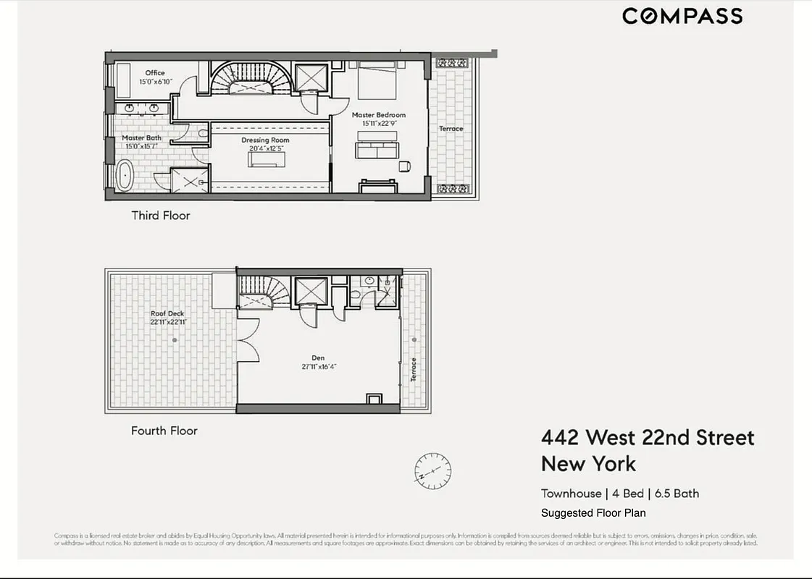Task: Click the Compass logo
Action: (x=682, y=17)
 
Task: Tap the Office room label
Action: (x=154, y=73)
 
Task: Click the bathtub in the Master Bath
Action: (x=125, y=176)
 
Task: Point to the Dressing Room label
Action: (x=264, y=140)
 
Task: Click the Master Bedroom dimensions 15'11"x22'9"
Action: (x=379, y=124)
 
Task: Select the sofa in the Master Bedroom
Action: (x=377, y=149)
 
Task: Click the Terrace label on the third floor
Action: (x=451, y=129)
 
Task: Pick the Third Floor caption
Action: (x=160, y=216)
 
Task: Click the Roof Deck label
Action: (x=167, y=313)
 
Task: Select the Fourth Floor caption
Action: (x=164, y=431)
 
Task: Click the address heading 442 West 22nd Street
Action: (x=648, y=438)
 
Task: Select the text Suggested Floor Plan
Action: (x=593, y=513)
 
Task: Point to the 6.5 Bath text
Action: (x=677, y=494)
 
